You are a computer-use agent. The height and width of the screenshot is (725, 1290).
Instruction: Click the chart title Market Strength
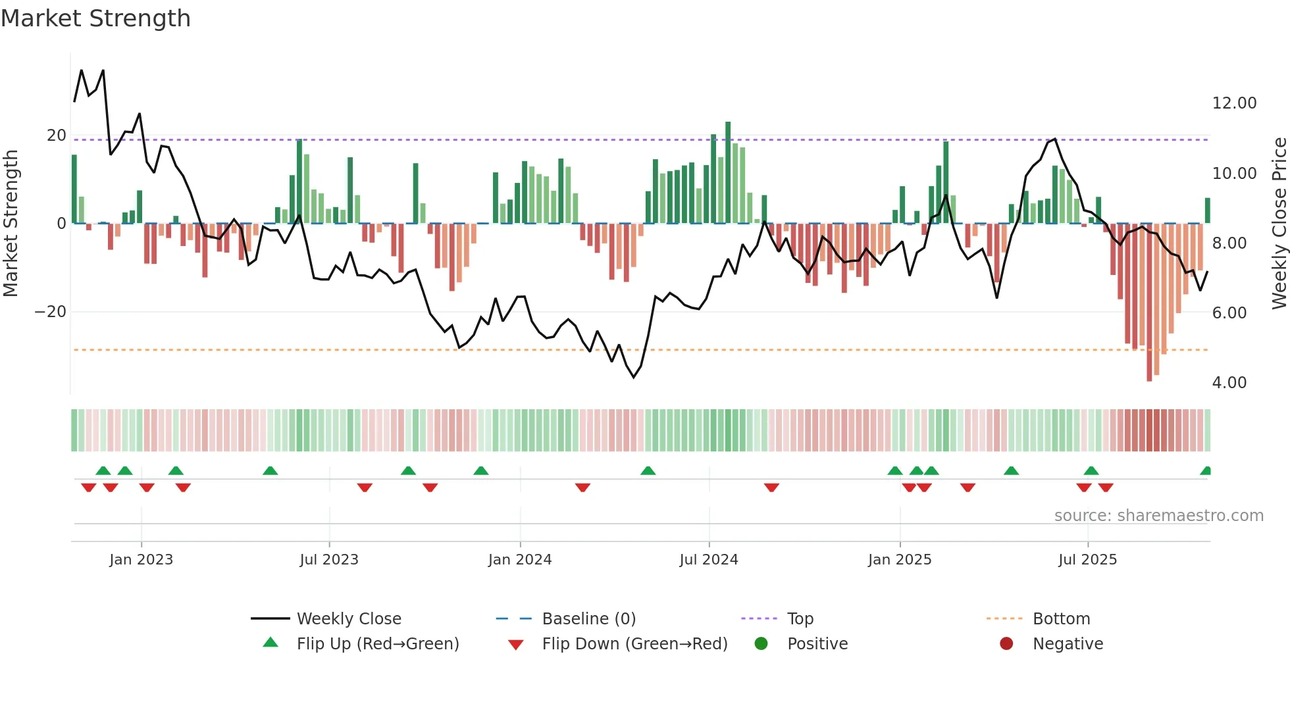point(95,18)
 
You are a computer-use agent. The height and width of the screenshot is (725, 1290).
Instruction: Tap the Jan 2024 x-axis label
point(519,560)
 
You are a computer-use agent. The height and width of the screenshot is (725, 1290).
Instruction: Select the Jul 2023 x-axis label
point(328,560)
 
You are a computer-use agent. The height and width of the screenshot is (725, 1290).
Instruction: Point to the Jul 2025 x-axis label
point(1087,560)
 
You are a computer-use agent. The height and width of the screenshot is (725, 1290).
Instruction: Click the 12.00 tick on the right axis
point(1234,103)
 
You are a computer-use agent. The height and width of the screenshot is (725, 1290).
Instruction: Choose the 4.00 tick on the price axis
point(1229,383)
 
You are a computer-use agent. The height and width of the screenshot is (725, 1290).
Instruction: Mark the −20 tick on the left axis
point(51,312)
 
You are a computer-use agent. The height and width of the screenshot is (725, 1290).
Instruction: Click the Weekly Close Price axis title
point(1279,224)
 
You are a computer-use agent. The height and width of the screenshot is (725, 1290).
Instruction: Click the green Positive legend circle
point(761,644)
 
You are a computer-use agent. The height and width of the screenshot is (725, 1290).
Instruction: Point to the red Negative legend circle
point(1006,644)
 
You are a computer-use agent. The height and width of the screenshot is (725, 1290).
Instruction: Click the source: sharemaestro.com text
point(1158,516)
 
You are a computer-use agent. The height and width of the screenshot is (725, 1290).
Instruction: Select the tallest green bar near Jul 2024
point(728,172)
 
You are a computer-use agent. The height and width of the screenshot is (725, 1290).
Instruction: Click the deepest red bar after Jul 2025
point(1149,303)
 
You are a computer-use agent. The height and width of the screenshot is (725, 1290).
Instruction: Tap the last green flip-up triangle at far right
point(1206,471)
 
